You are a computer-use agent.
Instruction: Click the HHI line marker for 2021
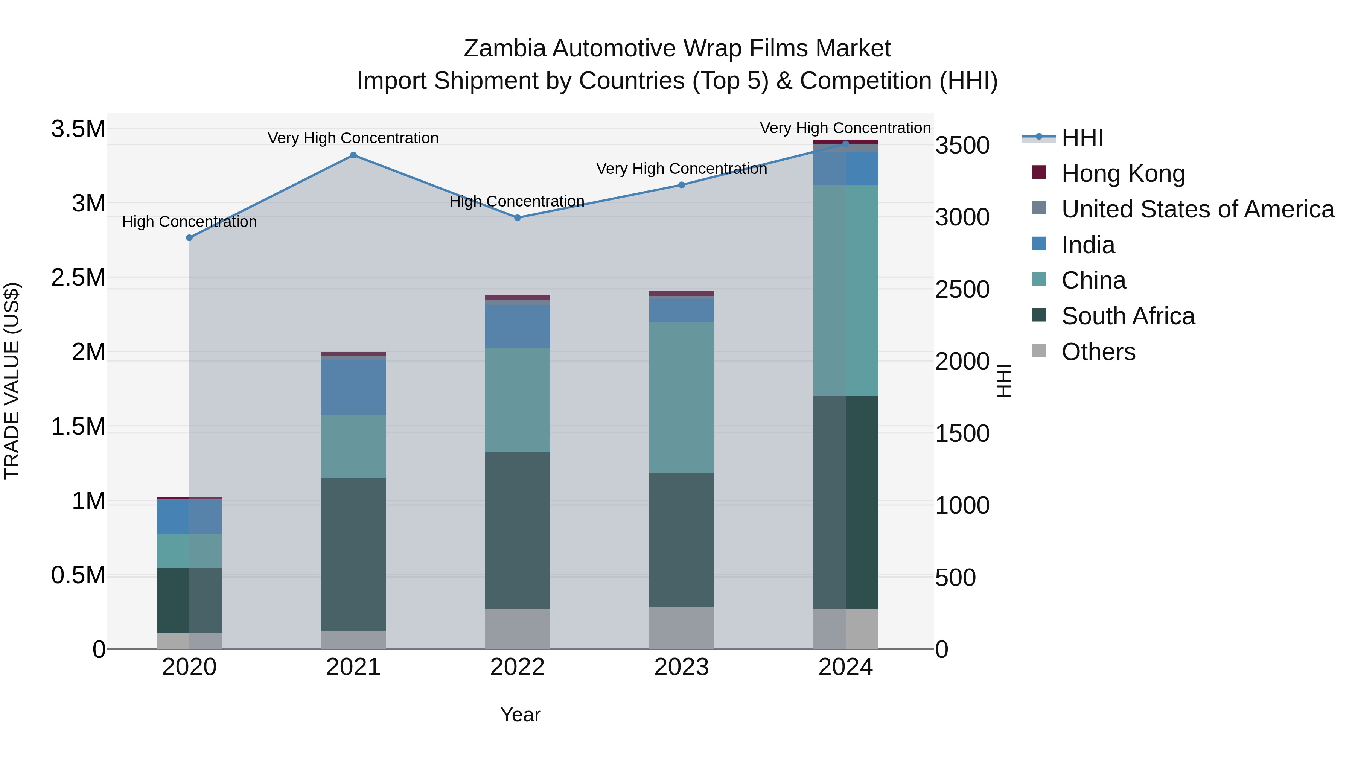point(353,155)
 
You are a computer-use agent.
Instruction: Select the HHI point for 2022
point(518,218)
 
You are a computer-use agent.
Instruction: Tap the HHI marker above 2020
point(189,238)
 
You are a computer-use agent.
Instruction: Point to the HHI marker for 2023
point(682,185)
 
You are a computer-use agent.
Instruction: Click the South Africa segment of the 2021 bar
point(353,554)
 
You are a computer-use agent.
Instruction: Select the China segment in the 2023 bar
point(682,398)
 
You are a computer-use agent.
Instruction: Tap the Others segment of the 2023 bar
point(682,628)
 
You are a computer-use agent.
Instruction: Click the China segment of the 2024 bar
point(846,290)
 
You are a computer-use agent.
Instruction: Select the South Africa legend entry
point(1128,316)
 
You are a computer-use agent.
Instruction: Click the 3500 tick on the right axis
point(962,145)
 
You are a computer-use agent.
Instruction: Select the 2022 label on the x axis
point(518,667)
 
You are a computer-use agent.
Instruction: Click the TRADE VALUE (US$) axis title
point(12,381)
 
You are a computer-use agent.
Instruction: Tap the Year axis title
point(520,715)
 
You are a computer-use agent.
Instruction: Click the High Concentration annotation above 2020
point(189,222)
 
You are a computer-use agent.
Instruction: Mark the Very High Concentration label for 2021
point(353,138)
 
